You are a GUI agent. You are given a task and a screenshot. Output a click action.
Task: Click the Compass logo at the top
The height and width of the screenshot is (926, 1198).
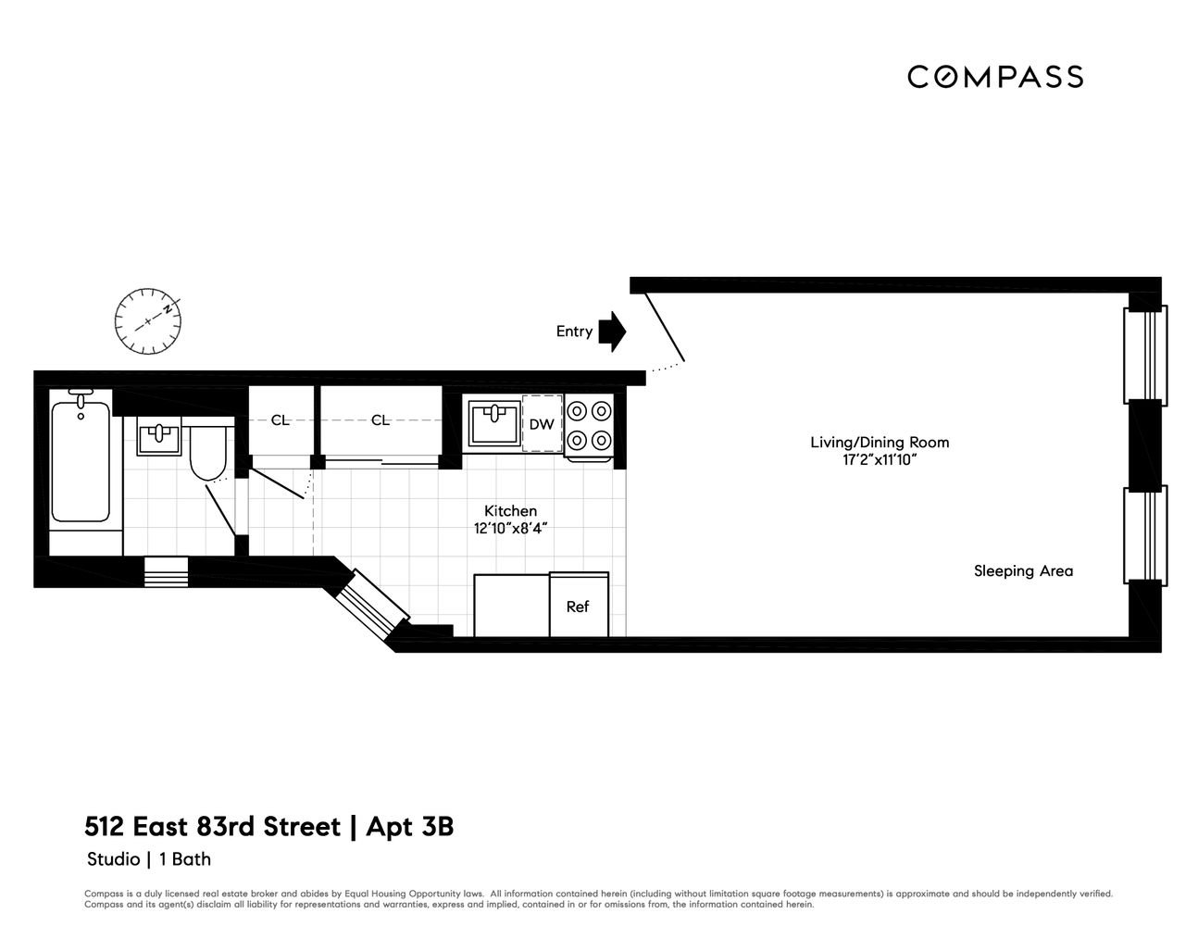[995, 77]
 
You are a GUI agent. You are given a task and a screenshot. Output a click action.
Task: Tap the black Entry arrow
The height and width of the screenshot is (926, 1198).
[613, 332]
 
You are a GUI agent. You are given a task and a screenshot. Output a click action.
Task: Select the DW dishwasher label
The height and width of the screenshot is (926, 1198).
[542, 424]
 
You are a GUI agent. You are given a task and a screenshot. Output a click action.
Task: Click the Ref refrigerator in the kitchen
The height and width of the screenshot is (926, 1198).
[579, 605]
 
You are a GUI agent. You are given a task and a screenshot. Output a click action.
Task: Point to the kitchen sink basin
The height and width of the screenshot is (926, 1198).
[494, 423]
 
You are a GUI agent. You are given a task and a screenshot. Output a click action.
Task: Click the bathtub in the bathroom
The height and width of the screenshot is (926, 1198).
[81, 462]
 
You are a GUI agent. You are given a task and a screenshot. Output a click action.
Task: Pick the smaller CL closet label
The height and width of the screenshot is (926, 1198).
[281, 420]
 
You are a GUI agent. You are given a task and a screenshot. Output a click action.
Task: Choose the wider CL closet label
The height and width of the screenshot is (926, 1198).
[381, 420]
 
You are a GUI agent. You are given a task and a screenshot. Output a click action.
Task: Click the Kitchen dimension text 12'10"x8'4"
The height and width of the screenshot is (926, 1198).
[510, 529]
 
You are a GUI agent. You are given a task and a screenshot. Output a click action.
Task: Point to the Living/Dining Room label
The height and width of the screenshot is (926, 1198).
[880, 442]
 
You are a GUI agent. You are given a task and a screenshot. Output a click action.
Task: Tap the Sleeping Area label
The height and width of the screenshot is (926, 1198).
[1023, 571]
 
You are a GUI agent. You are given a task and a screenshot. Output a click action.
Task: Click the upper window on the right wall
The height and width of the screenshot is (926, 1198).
[1145, 356]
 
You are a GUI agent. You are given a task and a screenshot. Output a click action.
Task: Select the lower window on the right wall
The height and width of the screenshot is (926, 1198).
[1145, 536]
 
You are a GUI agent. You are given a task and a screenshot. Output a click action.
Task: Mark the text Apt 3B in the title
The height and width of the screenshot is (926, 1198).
[409, 827]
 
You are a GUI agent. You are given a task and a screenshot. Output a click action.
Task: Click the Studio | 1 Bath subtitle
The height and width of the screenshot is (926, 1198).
[149, 859]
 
